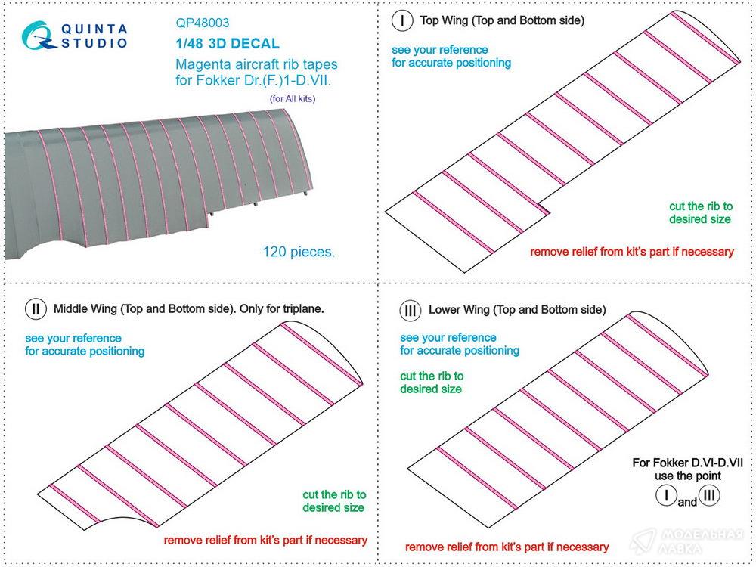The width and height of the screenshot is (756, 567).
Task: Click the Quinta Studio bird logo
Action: [39, 36]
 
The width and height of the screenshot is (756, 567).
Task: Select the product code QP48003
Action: [203, 23]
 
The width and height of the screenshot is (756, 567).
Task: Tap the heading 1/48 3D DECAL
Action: [228, 43]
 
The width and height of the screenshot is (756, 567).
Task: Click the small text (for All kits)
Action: [292, 99]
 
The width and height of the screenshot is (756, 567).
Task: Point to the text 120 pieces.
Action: [299, 251]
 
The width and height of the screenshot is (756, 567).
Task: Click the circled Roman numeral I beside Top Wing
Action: [401, 21]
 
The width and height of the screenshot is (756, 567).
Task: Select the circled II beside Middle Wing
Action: [36, 309]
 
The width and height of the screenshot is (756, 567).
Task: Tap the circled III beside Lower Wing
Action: [411, 310]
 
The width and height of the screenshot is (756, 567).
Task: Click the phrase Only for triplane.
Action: [281, 308]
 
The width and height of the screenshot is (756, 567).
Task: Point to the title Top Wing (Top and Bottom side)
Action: [502, 20]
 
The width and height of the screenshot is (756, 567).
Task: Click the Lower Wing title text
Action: [517, 309]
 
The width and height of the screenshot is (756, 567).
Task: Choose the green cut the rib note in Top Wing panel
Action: [700, 212]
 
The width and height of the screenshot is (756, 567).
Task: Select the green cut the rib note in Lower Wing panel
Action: [431, 383]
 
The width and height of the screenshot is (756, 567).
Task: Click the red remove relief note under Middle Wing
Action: [265, 540]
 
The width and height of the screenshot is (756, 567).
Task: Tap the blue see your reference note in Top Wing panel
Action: [451, 57]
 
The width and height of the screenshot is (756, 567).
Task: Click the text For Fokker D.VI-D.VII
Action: [687, 463]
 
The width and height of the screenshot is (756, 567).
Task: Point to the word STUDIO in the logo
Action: [94, 43]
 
